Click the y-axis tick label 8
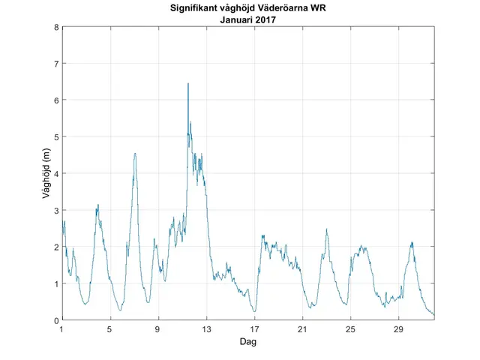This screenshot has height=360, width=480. pyautogui.click(x=55, y=28)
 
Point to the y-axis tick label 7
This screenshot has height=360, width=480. pyautogui.click(x=55, y=64)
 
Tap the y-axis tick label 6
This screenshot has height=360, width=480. pyautogui.click(x=55, y=100)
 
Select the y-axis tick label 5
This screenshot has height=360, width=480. pyautogui.click(x=55, y=137)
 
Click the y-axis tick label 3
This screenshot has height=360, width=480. pyautogui.click(x=55, y=210)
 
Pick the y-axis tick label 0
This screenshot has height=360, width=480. pyautogui.click(x=55, y=320)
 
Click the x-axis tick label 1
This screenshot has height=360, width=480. pyautogui.click(x=62, y=329)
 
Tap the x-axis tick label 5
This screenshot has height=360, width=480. pyautogui.click(x=110, y=329)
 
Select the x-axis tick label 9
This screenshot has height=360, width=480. pyautogui.click(x=158, y=329)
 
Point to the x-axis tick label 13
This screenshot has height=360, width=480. pyautogui.click(x=206, y=329)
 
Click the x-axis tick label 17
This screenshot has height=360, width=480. pyautogui.click(x=254, y=329)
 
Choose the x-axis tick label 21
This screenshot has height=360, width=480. pyautogui.click(x=302, y=329)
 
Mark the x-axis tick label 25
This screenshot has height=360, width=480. pyautogui.click(x=350, y=329)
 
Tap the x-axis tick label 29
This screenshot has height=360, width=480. pyautogui.click(x=398, y=329)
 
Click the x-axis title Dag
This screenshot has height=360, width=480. pyautogui.click(x=248, y=341)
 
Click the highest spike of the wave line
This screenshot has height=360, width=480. pyautogui.click(x=188, y=83)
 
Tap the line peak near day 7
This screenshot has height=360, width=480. pyautogui.click(x=135, y=154)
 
